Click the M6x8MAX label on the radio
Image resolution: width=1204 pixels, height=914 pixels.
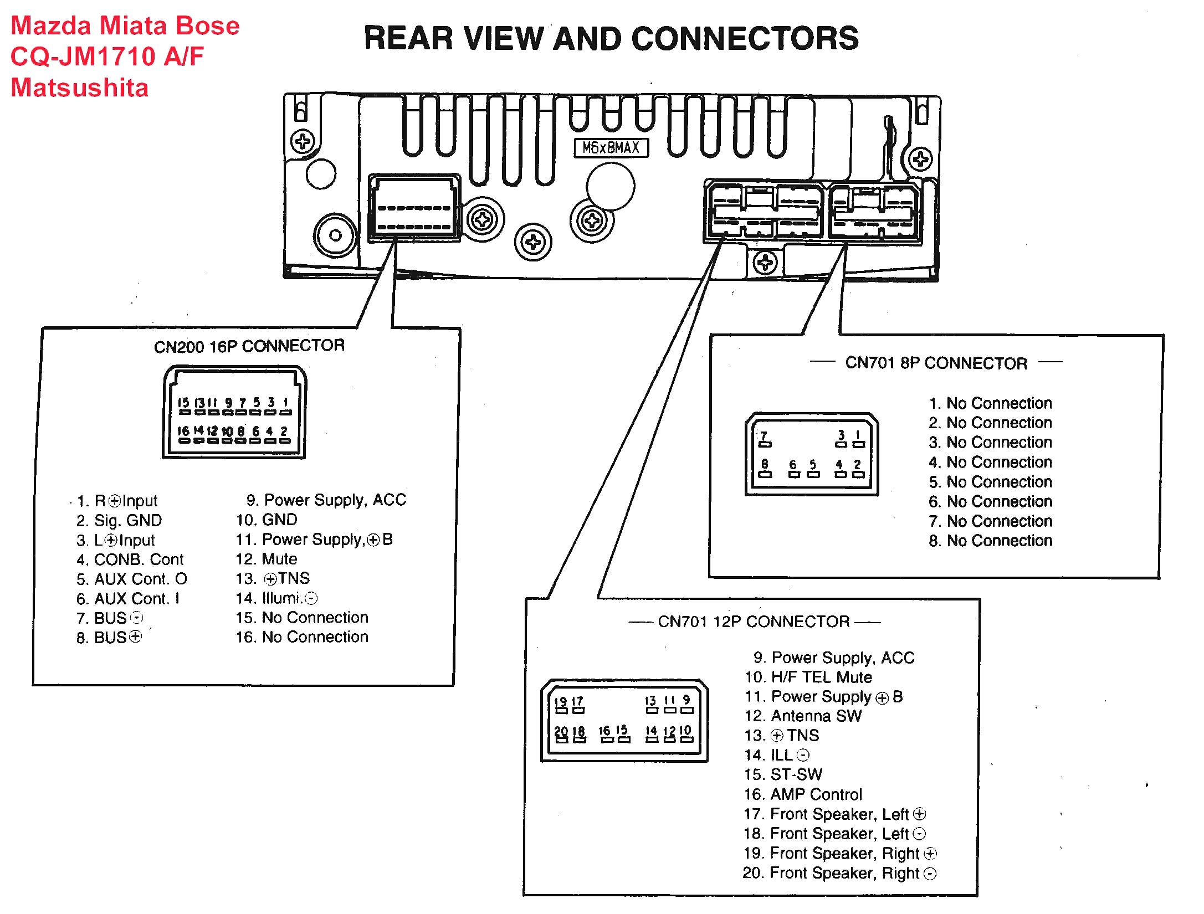(611, 148)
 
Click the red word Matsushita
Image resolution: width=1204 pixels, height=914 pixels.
(80, 88)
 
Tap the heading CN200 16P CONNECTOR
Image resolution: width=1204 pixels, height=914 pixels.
(249, 346)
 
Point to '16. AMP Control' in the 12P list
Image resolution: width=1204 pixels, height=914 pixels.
(803, 794)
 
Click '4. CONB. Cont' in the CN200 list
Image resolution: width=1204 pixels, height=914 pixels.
(130, 559)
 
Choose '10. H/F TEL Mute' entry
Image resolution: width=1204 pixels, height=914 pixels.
(808, 677)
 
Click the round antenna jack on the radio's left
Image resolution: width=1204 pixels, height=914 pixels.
(335, 235)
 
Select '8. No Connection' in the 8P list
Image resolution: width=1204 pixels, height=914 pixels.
(990, 541)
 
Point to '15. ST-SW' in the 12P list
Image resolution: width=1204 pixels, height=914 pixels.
(783, 774)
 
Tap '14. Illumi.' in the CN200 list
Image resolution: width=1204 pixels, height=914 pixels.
(276, 598)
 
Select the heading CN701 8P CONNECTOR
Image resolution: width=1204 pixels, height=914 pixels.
(936, 363)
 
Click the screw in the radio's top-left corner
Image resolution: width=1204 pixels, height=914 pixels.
(303, 141)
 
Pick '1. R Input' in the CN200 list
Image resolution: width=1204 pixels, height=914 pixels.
(117, 501)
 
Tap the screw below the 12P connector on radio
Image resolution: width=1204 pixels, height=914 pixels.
(765, 263)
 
